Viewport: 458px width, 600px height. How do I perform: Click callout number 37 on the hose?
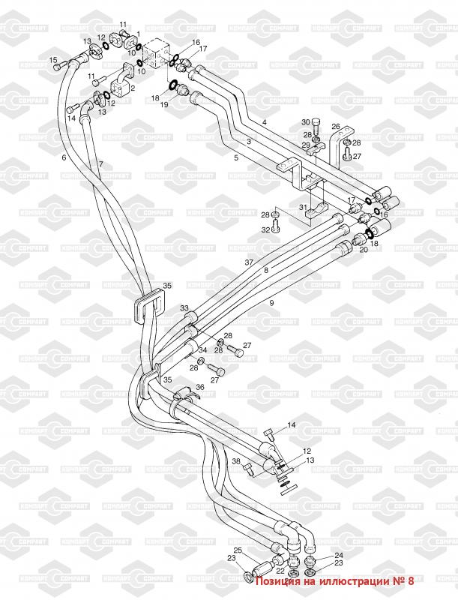[249, 262]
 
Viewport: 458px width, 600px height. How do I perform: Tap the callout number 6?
[64, 157]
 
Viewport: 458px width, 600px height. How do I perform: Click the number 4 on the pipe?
[265, 121]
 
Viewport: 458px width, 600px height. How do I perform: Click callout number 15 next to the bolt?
[52, 59]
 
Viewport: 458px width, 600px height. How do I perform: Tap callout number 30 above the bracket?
[305, 122]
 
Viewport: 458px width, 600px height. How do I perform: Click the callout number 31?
[303, 207]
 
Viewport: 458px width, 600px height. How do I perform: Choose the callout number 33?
[184, 307]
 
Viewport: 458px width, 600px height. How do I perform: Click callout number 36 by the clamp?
[199, 386]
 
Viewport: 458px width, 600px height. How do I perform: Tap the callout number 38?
[235, 461]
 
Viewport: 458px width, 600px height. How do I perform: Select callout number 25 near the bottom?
[238, 553]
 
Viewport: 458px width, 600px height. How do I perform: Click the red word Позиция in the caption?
[276, 581]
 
